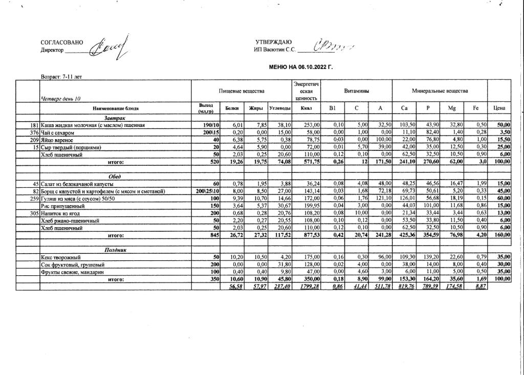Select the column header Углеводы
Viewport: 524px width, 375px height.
pos(280,108)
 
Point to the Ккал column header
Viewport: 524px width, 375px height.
pos(306,108)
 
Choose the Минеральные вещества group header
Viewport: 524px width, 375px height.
pos(440,91)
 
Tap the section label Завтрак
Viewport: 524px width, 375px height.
pos(116,118)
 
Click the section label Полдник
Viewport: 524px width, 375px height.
pos(116,250)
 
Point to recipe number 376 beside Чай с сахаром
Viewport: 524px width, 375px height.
pos(35,133)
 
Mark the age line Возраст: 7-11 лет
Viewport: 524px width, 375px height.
pos(61,77)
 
